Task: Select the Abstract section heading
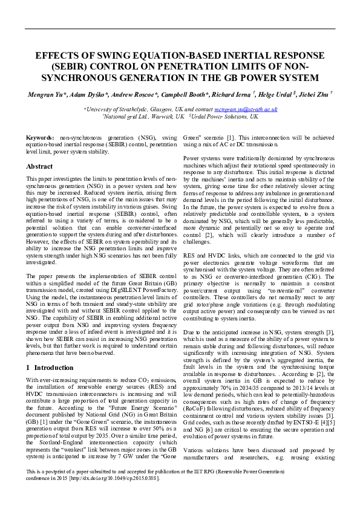(40, 166)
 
